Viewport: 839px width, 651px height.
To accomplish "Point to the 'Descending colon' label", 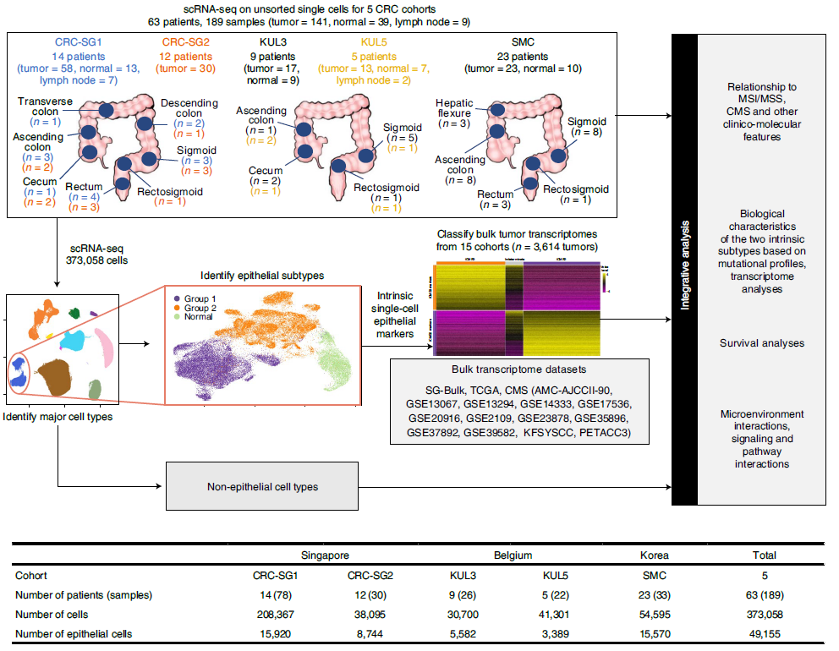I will (189, 109).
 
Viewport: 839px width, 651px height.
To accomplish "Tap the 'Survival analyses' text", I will (762, 343).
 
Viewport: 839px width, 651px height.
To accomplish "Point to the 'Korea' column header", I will (655, 555).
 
